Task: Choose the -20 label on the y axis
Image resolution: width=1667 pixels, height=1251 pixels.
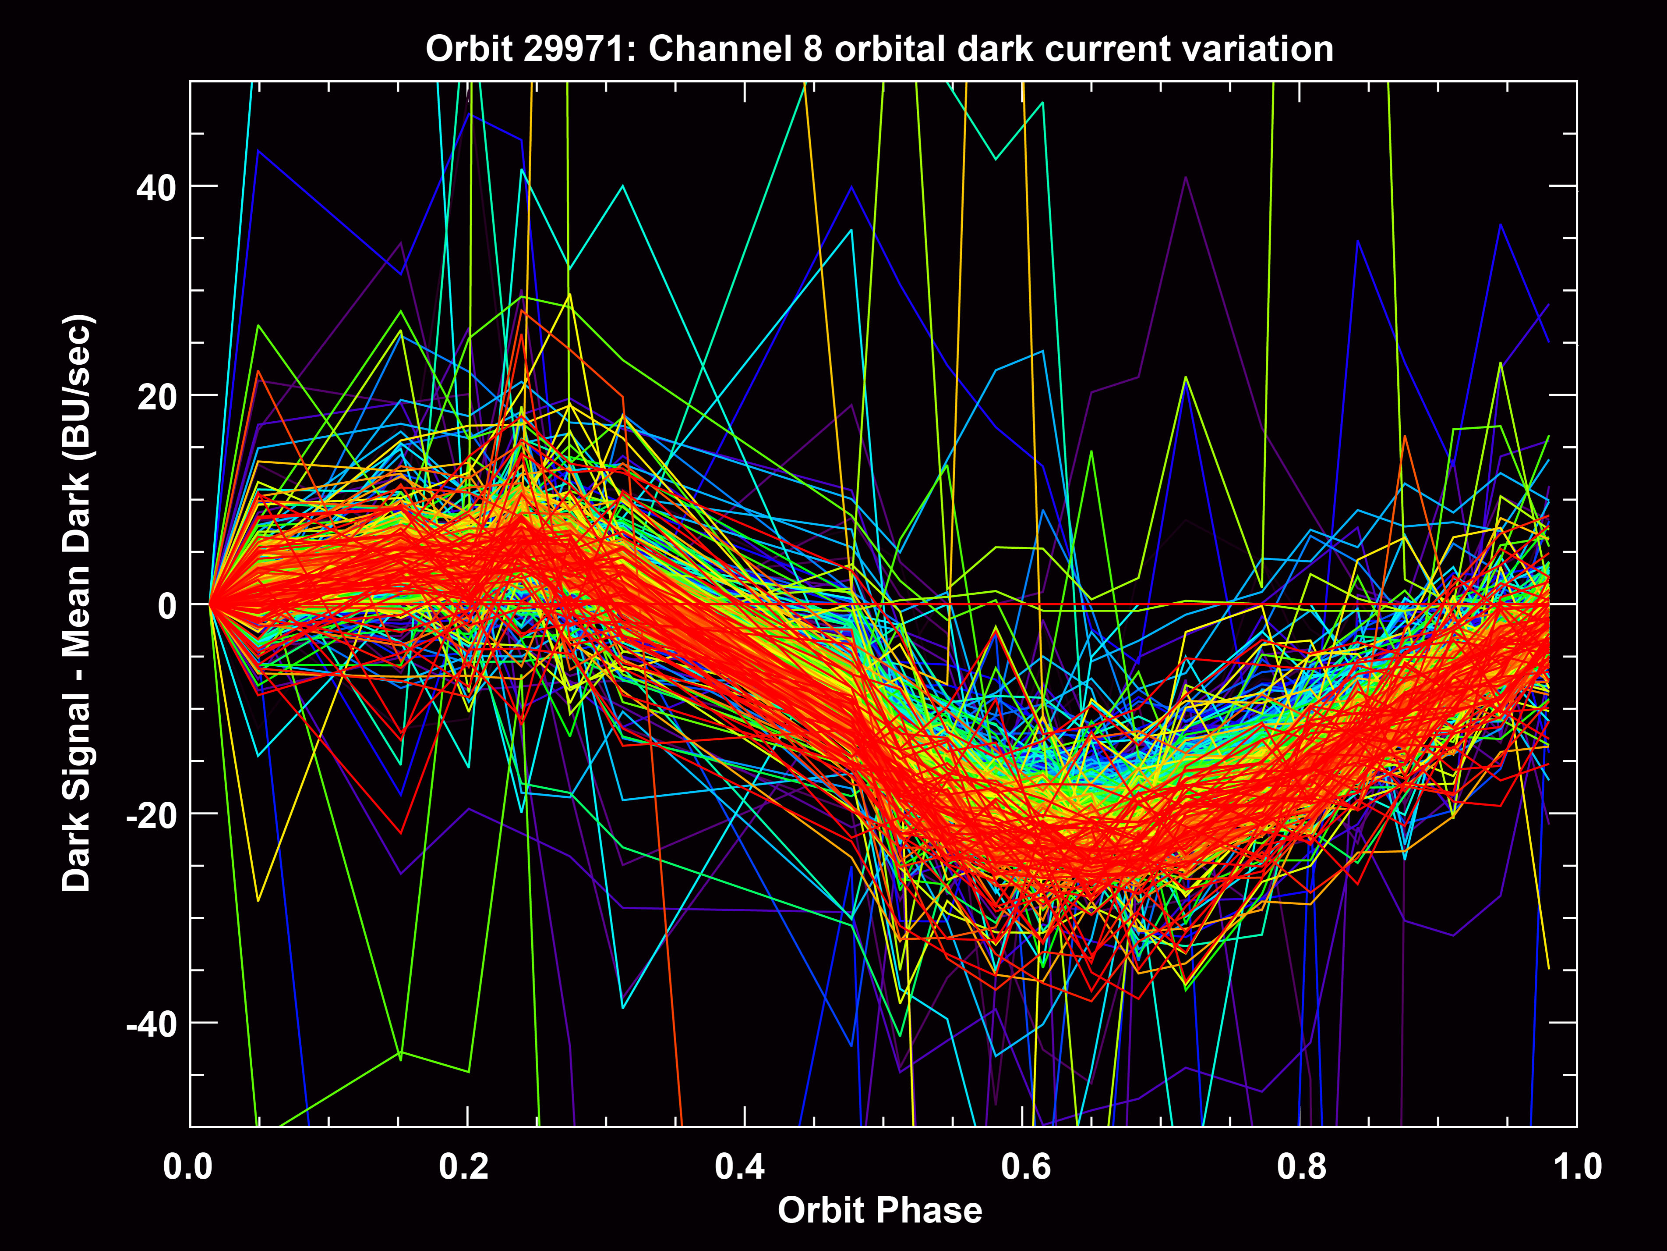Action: coord(151,815)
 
